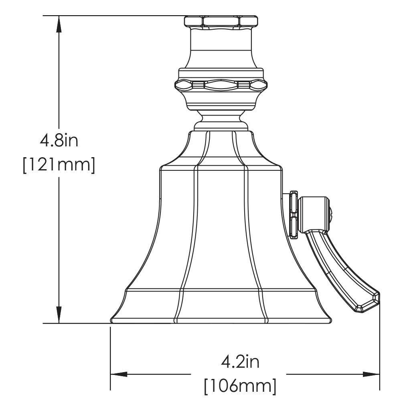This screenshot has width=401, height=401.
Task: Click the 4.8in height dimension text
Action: (x=59, y=141)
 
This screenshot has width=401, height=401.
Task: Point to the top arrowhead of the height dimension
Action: (x=59, y=24)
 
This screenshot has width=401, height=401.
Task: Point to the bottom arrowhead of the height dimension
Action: (x=59, y=315)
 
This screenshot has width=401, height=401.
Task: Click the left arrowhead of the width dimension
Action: (x=119, y=374)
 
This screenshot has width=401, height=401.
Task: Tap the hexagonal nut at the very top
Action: (x=221, y=21)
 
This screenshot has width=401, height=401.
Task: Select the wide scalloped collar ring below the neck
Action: (x=221, y=85)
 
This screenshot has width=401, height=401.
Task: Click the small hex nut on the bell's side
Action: (x=294, y=215)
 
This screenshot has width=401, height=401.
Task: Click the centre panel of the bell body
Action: (x=221, y=229)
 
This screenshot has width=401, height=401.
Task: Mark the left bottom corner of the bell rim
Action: (x=112, y=320)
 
